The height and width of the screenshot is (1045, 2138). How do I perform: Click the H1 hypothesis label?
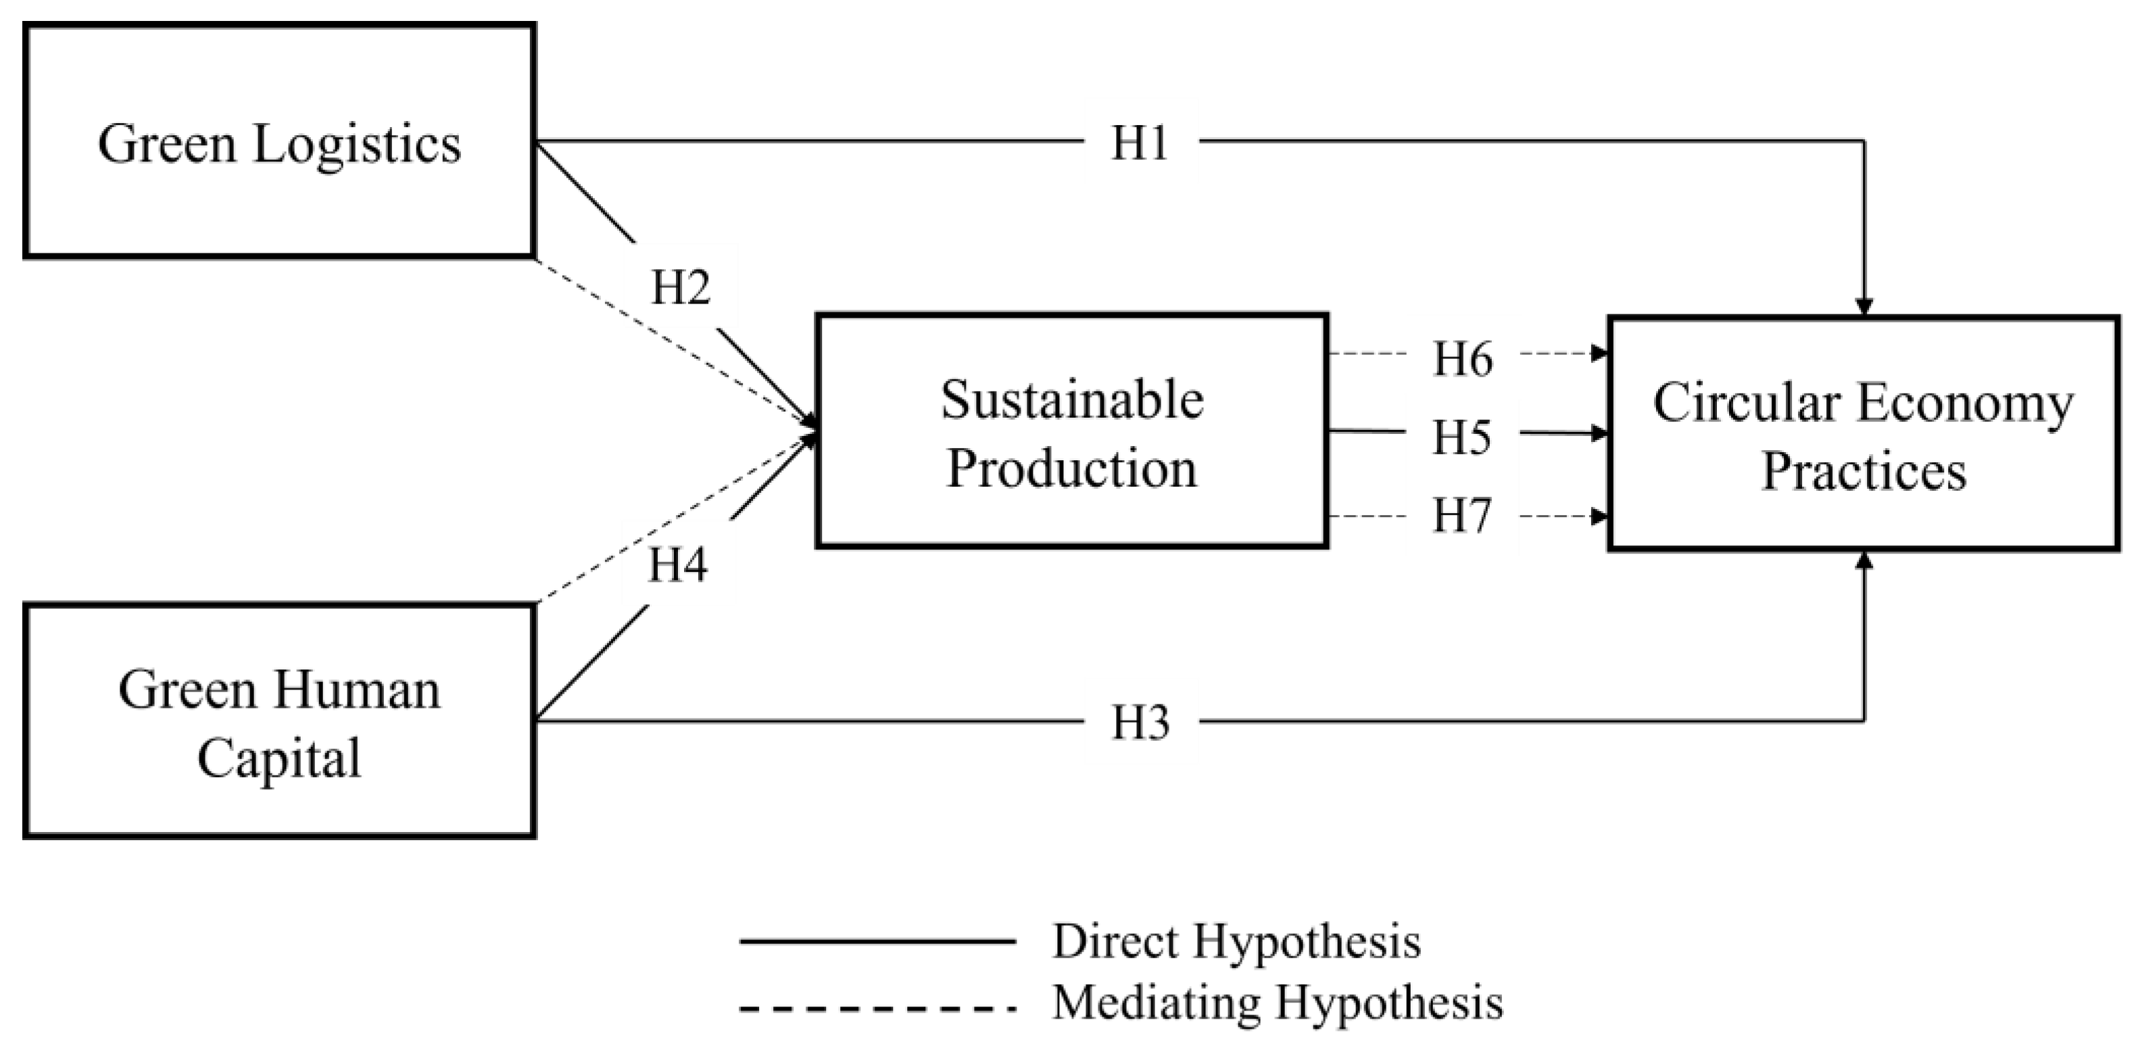pos(1140,143)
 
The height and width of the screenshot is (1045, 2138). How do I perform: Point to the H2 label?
pos(681,288)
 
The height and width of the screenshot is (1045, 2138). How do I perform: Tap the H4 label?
pos(678,565)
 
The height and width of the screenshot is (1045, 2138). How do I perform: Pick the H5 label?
pos(1461,437)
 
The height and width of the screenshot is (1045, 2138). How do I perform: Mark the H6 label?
pos(1463,360)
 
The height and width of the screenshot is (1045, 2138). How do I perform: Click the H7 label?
pos(1461,516)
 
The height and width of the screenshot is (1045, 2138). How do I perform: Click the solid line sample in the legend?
pos(877,942)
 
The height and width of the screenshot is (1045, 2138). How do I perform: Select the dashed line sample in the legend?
pos(877,1009)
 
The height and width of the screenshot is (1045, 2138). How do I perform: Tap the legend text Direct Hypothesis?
pos(1237,942)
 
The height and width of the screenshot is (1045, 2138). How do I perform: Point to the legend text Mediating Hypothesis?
pos(1278,1002)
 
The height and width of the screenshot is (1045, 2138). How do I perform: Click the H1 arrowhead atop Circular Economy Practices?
pos(1864,307)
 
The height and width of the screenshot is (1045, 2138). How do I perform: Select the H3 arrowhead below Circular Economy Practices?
pos(1864,561)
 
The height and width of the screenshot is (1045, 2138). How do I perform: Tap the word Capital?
pos(279,758)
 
